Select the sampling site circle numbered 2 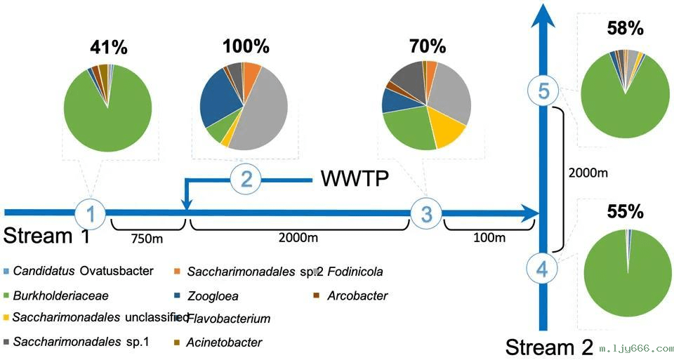[246, 179]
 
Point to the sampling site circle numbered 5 [541, 91]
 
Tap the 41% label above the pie [108, 48]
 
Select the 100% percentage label [246, 46]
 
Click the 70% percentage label [428, 46]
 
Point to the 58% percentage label [625, 29]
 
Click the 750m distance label [148, 238]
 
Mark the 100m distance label [489, 238]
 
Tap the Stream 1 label [47, 235]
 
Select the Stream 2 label [548, 347]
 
